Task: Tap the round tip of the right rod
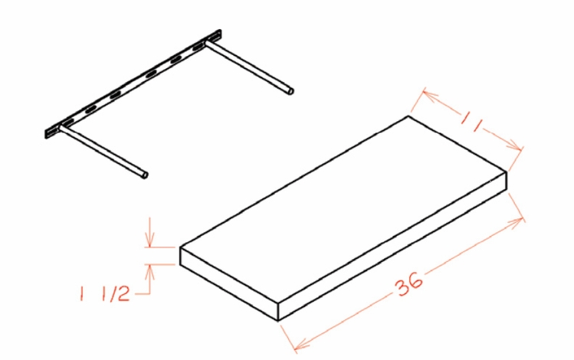pyautogui.click(x=289, y=92)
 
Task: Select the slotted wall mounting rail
pyautogui.click(x=134, y=83)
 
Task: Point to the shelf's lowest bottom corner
pyautogui.click(x=277, y=319)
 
